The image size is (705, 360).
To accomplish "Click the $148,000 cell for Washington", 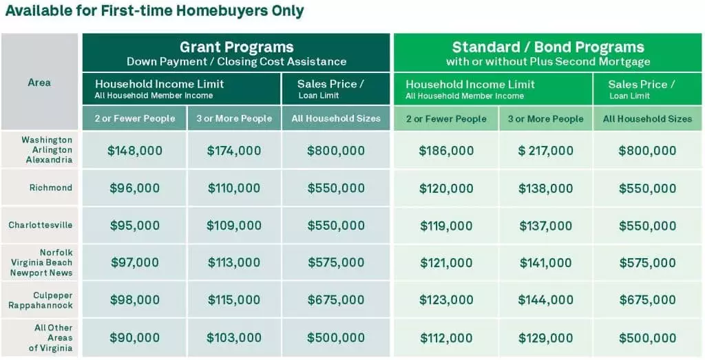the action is pyautogui.click(x=134, y=151).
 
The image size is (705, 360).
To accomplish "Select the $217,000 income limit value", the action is pyautogui.click(x=545, y=151).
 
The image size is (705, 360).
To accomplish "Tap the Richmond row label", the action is pyautogui.click(x=51, y=187).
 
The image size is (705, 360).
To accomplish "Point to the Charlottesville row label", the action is pyautogui.click(x=41, y=224).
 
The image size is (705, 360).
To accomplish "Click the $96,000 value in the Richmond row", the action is pyautogui.click(x=134, y=188).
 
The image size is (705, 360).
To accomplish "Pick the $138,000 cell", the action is pyautogui.click(x=545, y=188).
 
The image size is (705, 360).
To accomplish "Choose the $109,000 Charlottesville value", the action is pyautogui.click(x=234, y=225).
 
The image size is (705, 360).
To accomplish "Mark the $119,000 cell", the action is pyautogui.click(x=446, y=225).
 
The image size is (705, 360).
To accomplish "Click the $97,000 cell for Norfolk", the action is pyautogui.click(x=134, y=262).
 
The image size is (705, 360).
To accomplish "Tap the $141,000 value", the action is pyautogui.click(x=545, y=262).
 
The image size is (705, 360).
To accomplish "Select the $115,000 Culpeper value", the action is pyautogui.click(x=234, y=300).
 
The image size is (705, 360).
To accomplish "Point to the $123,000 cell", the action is pyautogui.click(x=446, y=300).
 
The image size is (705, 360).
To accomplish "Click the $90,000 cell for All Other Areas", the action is pyautogui.click(x=134, y=338).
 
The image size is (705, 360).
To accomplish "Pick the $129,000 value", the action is pyautogui.click(x=545, y=338).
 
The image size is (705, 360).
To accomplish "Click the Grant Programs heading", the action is pyautogui.click(x=237, y=47).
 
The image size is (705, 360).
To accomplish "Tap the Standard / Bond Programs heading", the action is pyautogui.click(x=548, y=47).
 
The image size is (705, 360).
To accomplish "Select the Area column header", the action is pyautogui.click(x=39, y=82).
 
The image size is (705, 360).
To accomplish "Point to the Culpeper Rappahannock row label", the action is pyautogui.click(x=41, y=300).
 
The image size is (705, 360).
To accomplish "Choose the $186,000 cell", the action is pyautogui.click(x=446, y=151).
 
